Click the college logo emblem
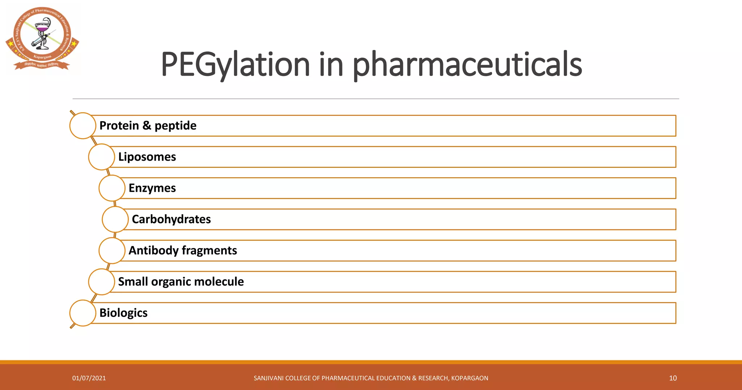coord(42,38)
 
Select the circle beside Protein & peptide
coord(83,126)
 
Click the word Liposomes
coord(147,157)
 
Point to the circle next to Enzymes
coord(112,188)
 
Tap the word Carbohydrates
coord(171,219)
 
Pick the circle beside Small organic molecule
coord(101,281)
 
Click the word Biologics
coord(123,313)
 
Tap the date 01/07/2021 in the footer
coord(89,378)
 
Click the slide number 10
coord(673,378)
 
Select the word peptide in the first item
coord(175,126)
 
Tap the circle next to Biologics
coord(83,313)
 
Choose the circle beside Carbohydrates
coord(115,219)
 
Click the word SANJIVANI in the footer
coord(268,378)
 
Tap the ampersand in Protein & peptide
coord(146,126)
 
